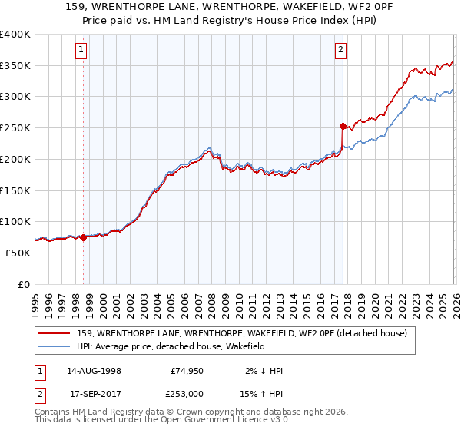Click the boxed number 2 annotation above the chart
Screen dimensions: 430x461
click(340, 51)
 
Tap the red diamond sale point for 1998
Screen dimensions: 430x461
click(83, 237)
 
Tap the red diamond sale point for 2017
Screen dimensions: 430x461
click(343, 125)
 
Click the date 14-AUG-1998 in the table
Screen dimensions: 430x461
click(93, 371)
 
